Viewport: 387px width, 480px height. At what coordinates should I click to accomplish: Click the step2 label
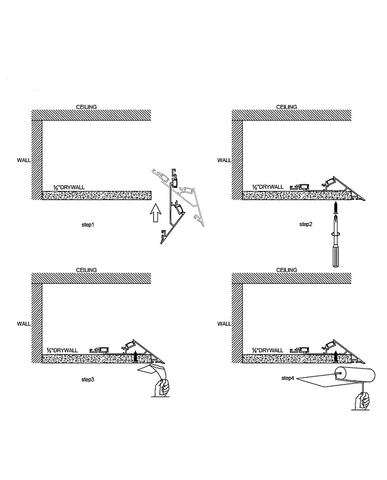tap(307, 225)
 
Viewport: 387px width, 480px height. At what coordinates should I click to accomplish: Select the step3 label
tap(88, 379)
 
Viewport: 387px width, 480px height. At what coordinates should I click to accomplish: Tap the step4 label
tap(288, 378)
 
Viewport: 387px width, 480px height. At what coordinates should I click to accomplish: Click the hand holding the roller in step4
tap(363, 400)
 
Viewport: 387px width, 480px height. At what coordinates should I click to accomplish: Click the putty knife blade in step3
tap(152, 370)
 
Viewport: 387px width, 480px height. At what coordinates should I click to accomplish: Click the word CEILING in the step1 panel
tap(86, 107)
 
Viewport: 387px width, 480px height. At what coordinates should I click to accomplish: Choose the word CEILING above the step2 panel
tap(287, 107)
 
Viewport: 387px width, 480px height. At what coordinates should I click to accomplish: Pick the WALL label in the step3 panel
tap(24, 324)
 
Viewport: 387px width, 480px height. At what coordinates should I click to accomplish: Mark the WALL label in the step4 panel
tap(224, 324)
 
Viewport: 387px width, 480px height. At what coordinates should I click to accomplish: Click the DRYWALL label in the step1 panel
tap(66, 187)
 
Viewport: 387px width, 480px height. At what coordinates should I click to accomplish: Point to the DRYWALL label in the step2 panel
tap(267, 187)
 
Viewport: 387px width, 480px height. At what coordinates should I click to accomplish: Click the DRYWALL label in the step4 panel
tap(267, 350)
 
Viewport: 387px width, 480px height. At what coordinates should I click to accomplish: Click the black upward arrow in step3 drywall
tap(135, 355)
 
